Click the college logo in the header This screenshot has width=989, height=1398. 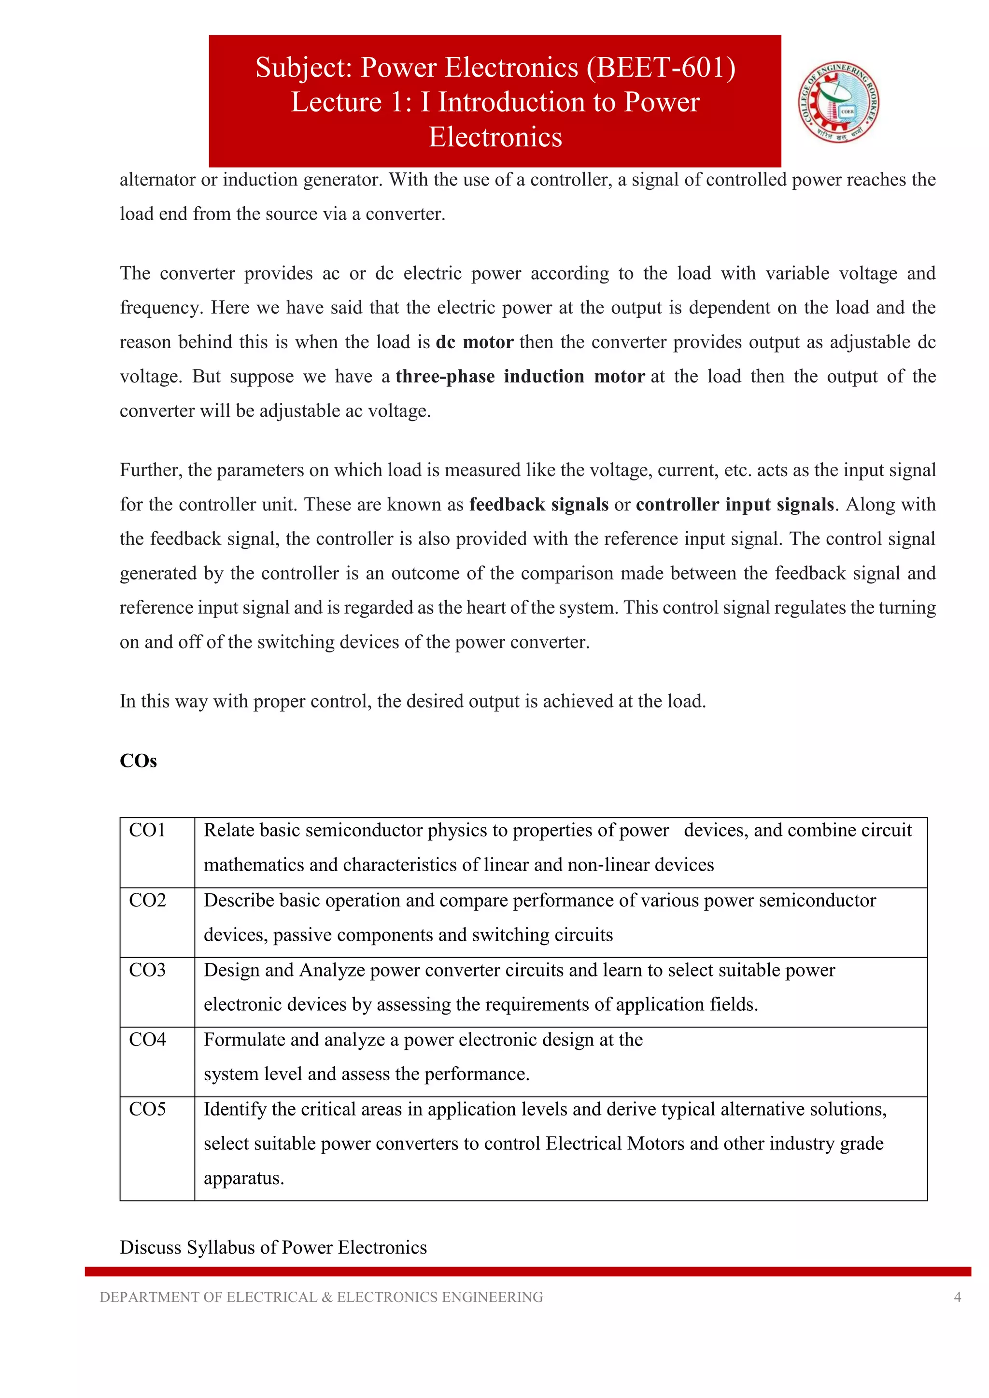(x=839, y=102)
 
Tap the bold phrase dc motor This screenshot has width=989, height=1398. (x=474, y=342)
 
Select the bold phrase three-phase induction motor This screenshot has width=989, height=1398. (x=520, y=377)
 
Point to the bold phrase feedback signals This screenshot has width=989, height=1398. (x=538, y=505)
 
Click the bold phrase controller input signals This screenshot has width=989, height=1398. (x=735, y=505)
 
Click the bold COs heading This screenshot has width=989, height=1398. (x=138, y=761)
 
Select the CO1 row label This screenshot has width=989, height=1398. (x=147, y=831)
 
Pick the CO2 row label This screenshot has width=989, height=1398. (x=147, y=901)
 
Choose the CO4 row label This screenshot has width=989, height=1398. (x=147, y=1039)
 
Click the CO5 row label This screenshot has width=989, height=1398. (x=147, y=1109)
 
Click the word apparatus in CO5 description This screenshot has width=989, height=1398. (x=243, y=1179)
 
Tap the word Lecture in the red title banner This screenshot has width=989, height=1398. (x=336, y=102)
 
